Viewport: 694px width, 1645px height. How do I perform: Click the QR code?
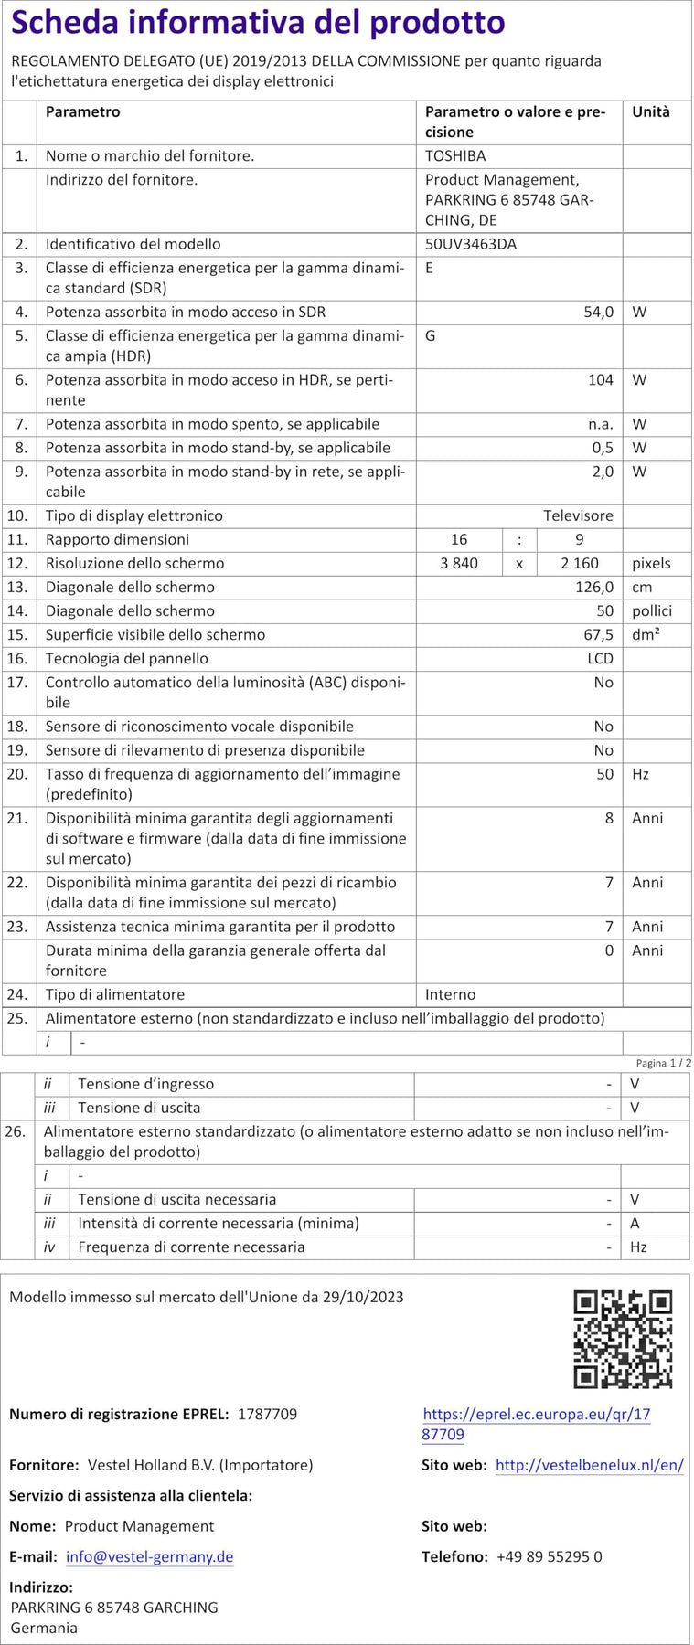[x=623, y=1339]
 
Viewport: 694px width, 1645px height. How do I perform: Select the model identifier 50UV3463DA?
[x=470, y=244]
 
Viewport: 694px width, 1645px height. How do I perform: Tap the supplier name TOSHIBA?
[x=455, y=156]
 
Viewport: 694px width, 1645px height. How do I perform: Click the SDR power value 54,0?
[x=598, y=312]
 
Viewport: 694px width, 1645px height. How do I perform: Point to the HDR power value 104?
[x=600, y=380]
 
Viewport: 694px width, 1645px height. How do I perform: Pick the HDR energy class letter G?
[x=431, y=335]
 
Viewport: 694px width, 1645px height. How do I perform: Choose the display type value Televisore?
[x=578, y=515]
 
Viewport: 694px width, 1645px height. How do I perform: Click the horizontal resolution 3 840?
[x=459, y=563]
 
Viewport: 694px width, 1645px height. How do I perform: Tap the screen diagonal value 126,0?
[x=594, y=587]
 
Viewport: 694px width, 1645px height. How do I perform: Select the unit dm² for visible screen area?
[x=646, y=634]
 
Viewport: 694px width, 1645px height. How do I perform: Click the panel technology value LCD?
[x=600, y=658]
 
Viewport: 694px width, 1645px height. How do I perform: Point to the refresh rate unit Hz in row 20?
[x=640, y=774]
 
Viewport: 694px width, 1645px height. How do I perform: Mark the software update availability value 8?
[x=609, y=818]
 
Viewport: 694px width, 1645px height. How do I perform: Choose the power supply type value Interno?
[x=450, y=994]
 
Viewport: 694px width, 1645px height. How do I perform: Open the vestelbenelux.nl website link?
[x=589, y=1465]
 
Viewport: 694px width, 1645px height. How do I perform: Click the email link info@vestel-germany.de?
[x=149, y=1556]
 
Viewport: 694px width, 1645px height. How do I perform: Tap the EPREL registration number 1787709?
[x=267, y=1414]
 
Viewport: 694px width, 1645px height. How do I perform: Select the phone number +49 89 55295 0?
[x=549, y=1556]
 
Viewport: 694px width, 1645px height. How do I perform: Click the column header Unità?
[x=651, y=111]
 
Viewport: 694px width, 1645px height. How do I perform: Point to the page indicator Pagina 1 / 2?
[x=663, y=1063]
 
